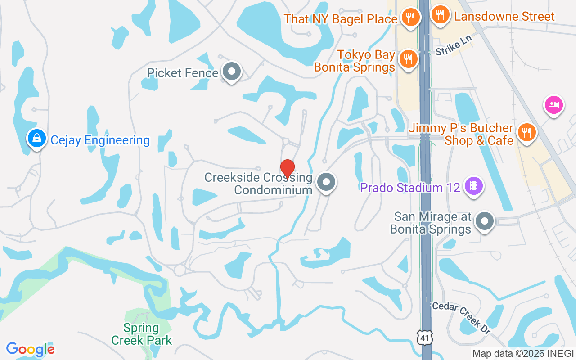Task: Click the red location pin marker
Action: tap(288, 168)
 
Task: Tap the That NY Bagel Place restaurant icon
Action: tap(410, 18)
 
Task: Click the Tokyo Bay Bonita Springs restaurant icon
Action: tap(408, 59)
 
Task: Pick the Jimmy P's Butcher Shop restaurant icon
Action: tap(525, 132)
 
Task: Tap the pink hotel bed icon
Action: tap(553, 105)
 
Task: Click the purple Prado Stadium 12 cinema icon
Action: tap(473, 185)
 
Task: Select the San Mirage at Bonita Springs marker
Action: tap(485, 221)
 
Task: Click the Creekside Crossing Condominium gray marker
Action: tap(326, 183)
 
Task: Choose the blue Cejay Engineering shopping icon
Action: tap(36, 138)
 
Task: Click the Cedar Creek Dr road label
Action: tap(461, 318)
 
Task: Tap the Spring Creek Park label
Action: tap(142, 334)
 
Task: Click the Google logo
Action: tap(30, 349)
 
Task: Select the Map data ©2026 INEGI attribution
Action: tap(523, 353)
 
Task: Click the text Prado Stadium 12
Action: tap(410, 187)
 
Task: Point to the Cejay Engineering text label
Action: tap(100, 140)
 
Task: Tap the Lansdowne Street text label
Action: tap(504, 17)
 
